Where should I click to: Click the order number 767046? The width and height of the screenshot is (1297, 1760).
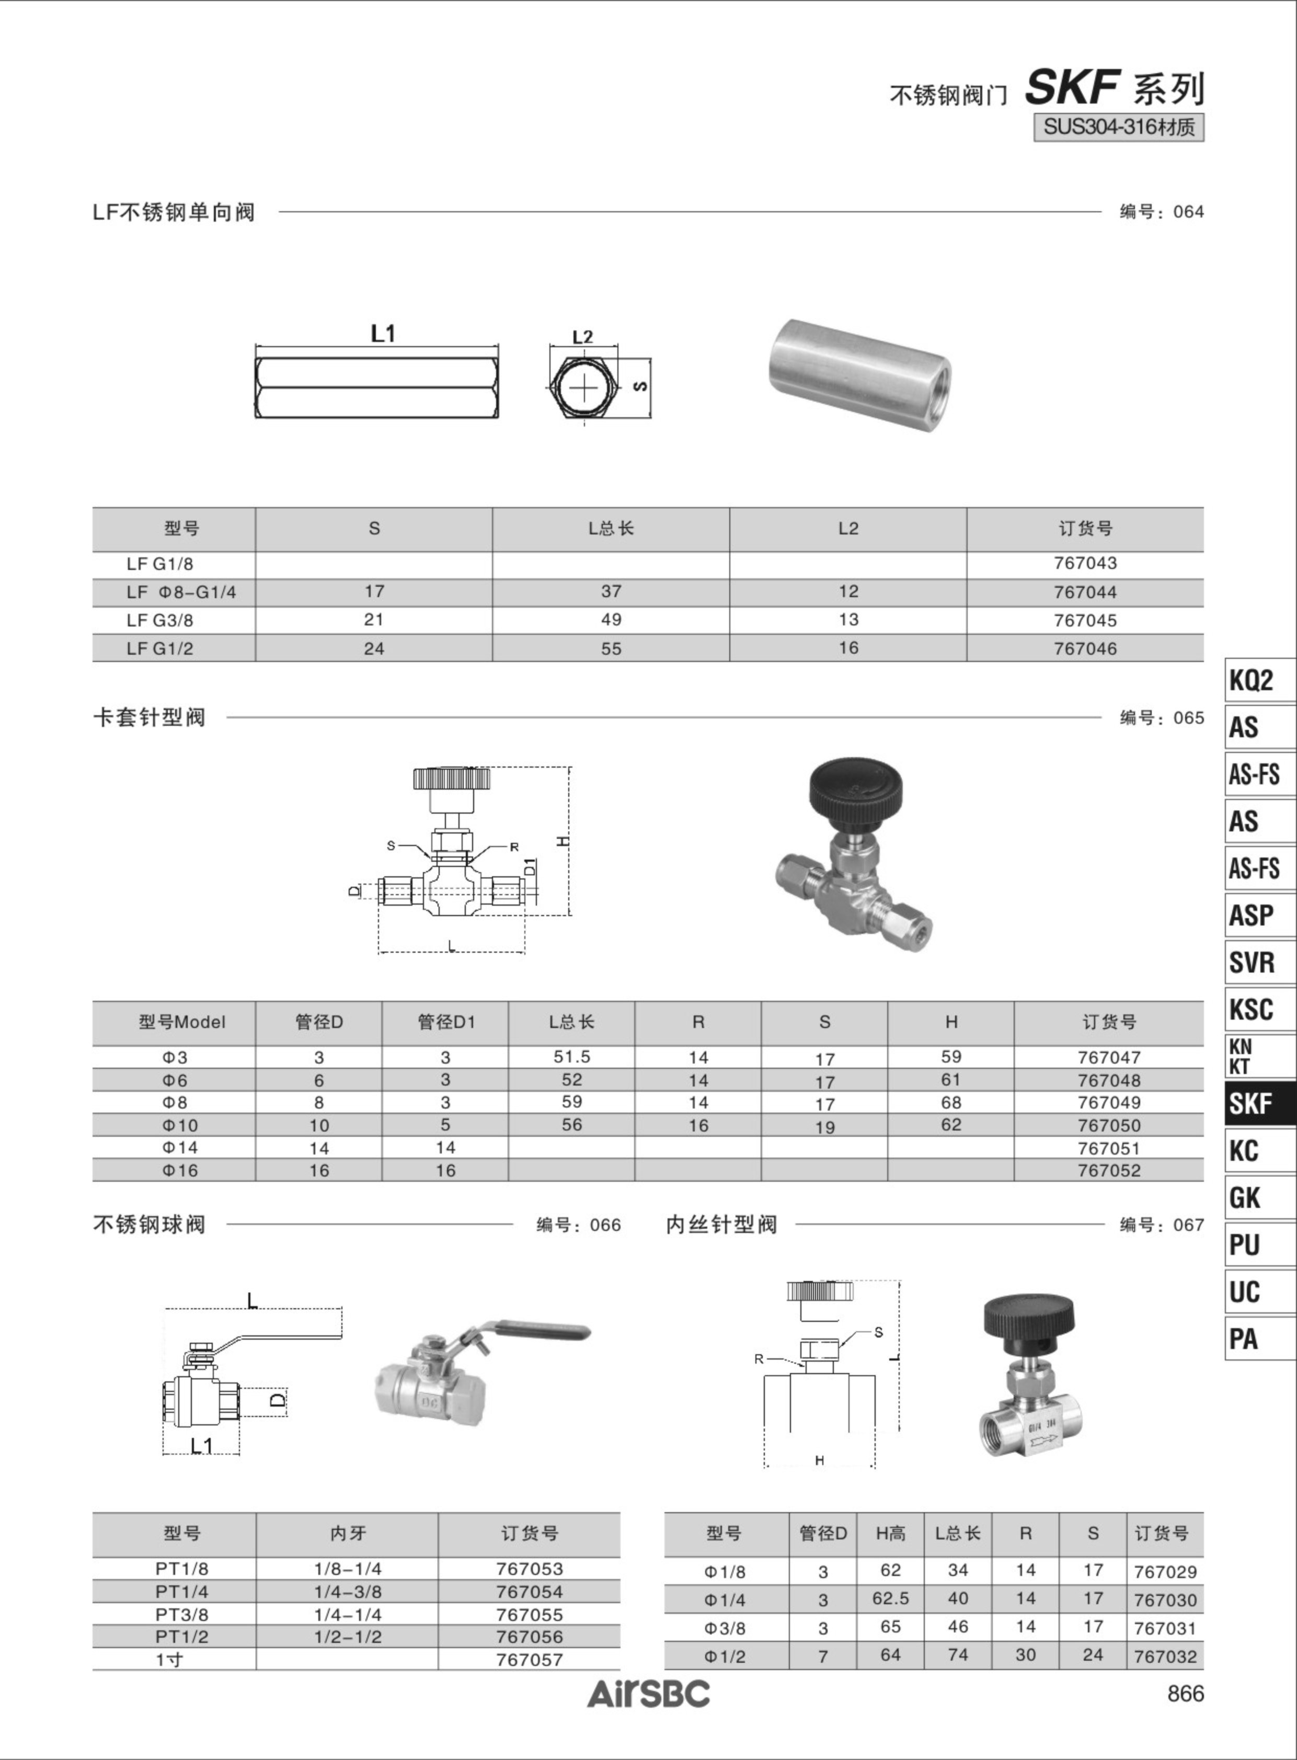[x=1085, y=649]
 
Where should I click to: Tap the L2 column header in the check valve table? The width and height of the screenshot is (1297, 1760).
[x=848, y=529]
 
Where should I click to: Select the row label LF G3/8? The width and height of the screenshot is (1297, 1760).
[x=160, y=621]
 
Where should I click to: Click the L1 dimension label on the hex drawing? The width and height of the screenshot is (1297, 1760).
[x=383, y=334]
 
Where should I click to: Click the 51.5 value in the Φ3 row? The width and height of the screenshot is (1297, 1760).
[x=571, y=1057]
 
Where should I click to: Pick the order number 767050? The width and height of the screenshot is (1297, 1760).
[x=1109, y=1125]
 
